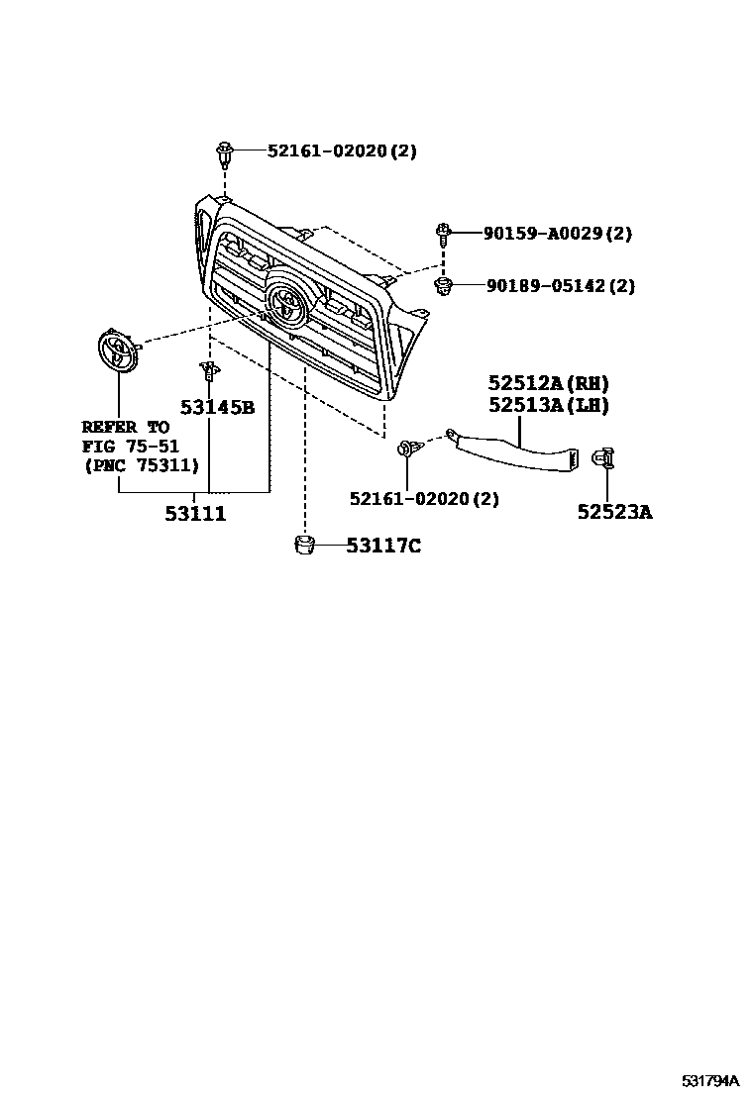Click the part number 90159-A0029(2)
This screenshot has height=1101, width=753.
coord(558,234)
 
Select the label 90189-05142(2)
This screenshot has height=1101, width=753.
coord(560,286)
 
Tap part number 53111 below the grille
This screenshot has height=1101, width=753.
coord(195,514)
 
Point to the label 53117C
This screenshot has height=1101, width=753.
coord(383,546)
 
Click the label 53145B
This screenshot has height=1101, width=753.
coord(217,407)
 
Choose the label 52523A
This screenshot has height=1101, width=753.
coord(615,512)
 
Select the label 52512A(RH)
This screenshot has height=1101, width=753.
coord(548,383)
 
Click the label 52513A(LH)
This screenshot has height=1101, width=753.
coord(548,405)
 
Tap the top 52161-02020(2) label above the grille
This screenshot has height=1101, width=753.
coord(342,151)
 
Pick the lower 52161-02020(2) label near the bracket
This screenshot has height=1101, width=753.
coord(424,499)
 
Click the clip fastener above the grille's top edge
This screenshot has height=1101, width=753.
coord(225,154)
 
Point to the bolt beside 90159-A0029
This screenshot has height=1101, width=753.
coord(443,235)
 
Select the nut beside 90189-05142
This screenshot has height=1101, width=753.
coord(445,287)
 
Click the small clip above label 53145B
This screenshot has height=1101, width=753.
coord(208,371)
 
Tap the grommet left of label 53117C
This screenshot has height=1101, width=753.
coord(305,544)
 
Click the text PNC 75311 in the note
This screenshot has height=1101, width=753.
coord(142,464)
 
